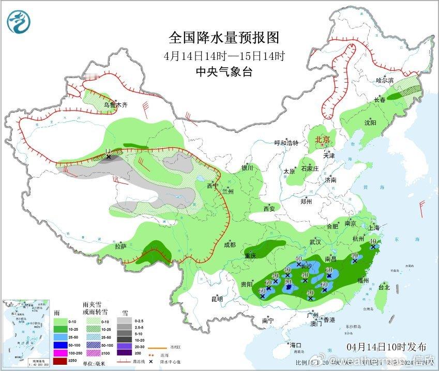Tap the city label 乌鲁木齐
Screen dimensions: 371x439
click(115, 105)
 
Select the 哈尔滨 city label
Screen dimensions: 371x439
click(385, 81)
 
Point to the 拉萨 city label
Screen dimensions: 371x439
click(120, 246)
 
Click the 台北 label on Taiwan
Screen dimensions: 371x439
click(384, 287)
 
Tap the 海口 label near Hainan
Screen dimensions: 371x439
click(295, 345)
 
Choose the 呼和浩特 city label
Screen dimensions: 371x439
click(286, 143)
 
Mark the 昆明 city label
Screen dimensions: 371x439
click(217, 299)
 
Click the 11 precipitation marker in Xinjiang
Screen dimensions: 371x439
click(108, 150)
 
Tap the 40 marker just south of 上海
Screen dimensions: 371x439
click(373, 241)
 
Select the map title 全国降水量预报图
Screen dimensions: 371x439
click(224, 38)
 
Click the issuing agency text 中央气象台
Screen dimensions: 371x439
click(224, 72)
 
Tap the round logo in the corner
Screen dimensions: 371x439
click(19, 21)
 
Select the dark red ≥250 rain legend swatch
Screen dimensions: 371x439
click(60, 360)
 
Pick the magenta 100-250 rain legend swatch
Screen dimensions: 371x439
click(60, 352)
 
